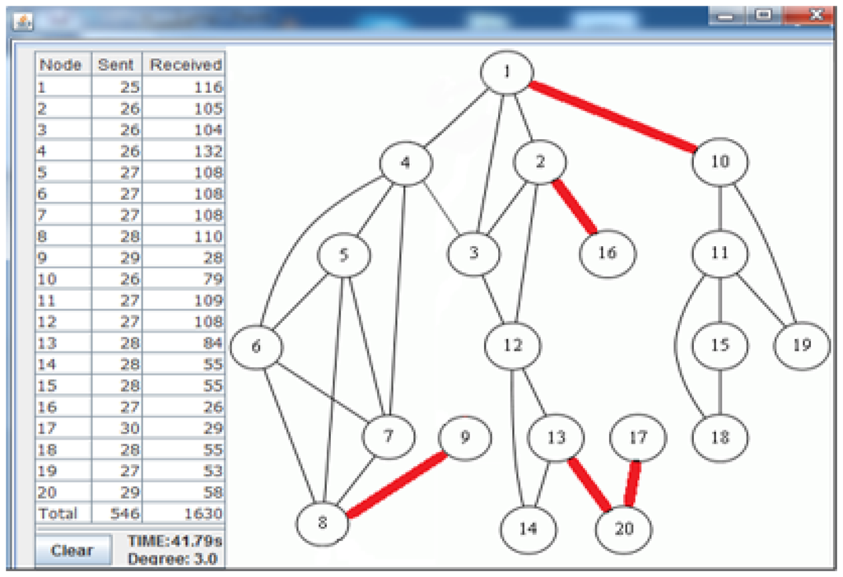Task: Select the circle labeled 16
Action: pos(608,253)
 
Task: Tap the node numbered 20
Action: pos(625,528)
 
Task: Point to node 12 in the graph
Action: pos(513,345)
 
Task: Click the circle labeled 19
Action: pos(802,345)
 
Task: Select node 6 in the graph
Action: pos(256,347)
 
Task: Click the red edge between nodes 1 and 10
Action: pos(612,117)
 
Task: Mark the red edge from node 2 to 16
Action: pos(575,207)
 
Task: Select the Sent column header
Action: pos(115,64)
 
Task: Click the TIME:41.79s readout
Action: pos(175,540)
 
